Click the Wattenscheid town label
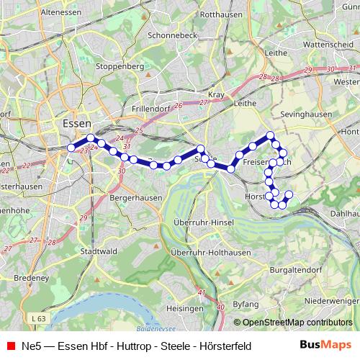[330, 43]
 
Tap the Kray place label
[216, 94]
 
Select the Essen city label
[76, 122]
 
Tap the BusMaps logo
[325, 346]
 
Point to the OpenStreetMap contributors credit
[297, 323]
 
